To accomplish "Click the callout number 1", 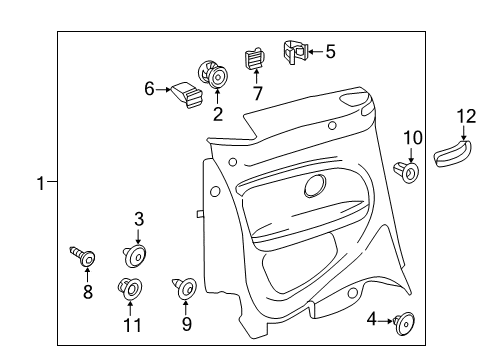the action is (41, 183).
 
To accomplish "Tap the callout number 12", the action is (466, 117).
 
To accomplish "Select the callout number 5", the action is (330, 52).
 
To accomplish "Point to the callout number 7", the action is (257, 93).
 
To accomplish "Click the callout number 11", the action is (132, 325).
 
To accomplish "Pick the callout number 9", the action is (187, 324).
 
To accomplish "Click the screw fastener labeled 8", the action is (82, 256).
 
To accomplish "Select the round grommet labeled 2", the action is (213, 75).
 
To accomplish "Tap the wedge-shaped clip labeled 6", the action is (187, 95).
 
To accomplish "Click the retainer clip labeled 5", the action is (295, 52).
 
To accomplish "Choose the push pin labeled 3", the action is (135, 256).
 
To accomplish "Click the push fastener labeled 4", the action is (404, 322).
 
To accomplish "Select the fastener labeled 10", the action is (406, 172).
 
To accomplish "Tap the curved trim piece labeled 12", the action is (452, 153).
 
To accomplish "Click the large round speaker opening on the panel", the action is (315, 186).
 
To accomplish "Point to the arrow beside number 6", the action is (164, 89).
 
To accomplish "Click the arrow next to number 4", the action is (386, 321).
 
